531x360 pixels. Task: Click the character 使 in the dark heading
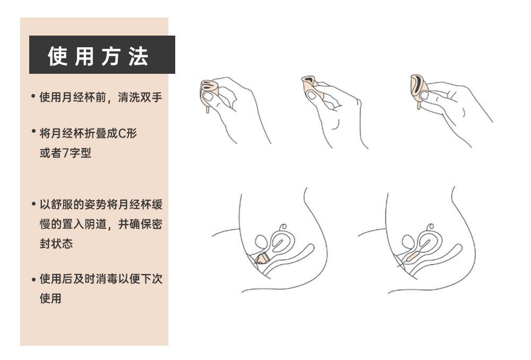[58, 56]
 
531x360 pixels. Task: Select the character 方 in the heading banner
[111, 56]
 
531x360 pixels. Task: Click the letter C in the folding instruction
[121, 133]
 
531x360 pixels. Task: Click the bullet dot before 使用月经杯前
[33, 97]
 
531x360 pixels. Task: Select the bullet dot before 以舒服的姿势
[33, 204]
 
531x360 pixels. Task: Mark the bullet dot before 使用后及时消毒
[33, 278]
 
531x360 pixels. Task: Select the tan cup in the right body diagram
[412, 255]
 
